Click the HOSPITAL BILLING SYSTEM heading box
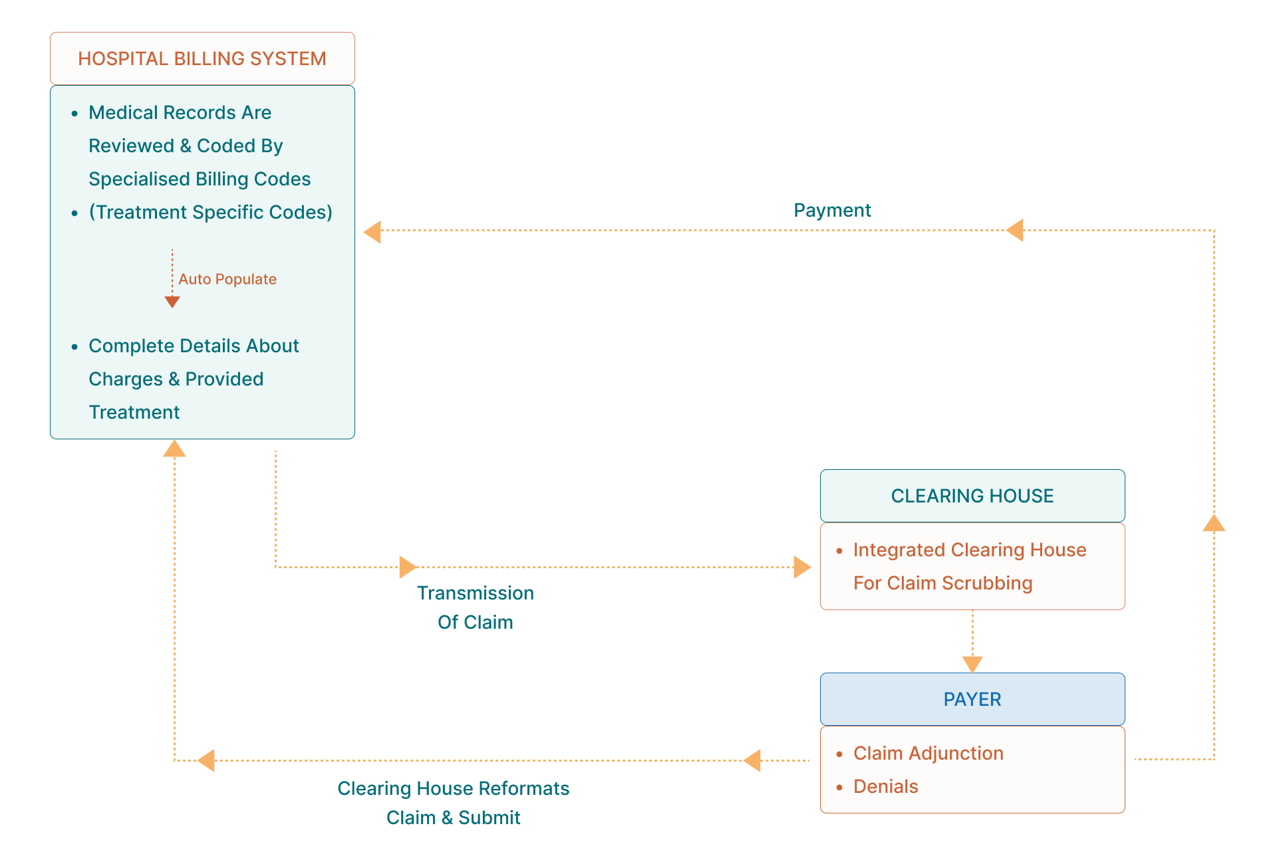coord(202,58)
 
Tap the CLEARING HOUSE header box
coord(972,496)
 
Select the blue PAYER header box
coord(972,699)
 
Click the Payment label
coord(832,211)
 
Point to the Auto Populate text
coord(227,279)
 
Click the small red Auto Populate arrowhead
coord(172,302)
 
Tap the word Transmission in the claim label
coord(475,593)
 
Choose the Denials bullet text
coord(885,786)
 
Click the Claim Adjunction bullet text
coord(928,753)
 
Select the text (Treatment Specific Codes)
coord(210,212)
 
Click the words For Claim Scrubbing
coord(942,583)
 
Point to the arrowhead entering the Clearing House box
coord(801,567)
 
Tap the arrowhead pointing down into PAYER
coord(972,664)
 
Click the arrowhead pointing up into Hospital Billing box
coord(174,449)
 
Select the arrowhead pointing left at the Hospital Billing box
coord(372,231)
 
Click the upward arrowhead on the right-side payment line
coord(1214,524)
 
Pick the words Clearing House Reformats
coord(453,788)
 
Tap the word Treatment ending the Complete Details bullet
coord(134,412)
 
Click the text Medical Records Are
coord(180,112)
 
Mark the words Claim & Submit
coord(453,817)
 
